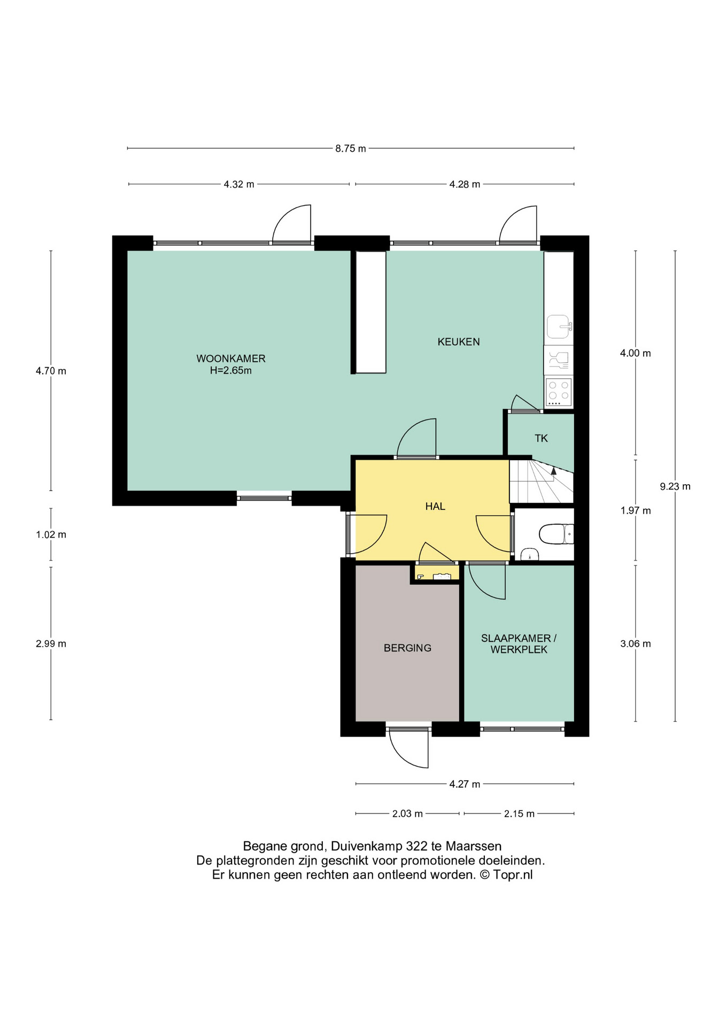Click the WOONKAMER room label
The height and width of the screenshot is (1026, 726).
tap(231, 359)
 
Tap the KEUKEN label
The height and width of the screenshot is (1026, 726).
tap(459, 342)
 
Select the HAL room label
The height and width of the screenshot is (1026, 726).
tap(435, 507)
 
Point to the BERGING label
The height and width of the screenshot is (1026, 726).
tap(407, 648)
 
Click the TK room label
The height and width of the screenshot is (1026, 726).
tap(541, 439)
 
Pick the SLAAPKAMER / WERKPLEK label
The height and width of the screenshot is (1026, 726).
tap(519, 644)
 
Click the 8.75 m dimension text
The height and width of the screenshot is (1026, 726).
tap(351, 149)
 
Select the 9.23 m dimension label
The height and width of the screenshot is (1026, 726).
tap(675, 486)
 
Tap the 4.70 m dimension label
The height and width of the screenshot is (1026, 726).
tap(51, 371)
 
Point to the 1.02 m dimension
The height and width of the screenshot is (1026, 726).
tap(51, 534)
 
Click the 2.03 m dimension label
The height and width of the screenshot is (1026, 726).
tap(407, 814)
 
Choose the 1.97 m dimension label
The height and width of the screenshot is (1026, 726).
tap(636, 511)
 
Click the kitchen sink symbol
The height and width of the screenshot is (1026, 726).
tap(559, 327)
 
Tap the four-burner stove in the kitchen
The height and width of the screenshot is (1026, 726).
tap(559, 392)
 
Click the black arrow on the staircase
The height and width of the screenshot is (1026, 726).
tap(554, 470)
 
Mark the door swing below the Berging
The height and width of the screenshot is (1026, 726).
tap(409, 748)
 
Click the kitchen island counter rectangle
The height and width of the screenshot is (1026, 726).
tap(371, 312)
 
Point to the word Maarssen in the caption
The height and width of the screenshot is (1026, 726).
tap(474, 846)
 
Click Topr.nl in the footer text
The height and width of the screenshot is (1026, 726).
tap(513, 875)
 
